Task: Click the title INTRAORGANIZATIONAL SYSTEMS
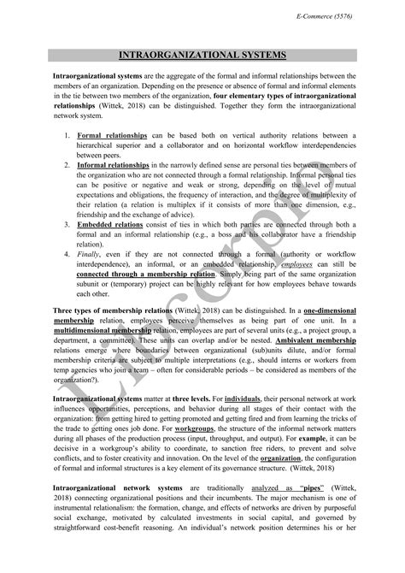coord(201,56)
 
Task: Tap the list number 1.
coord(67,135)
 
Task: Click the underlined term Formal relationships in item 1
coord(112,135)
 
